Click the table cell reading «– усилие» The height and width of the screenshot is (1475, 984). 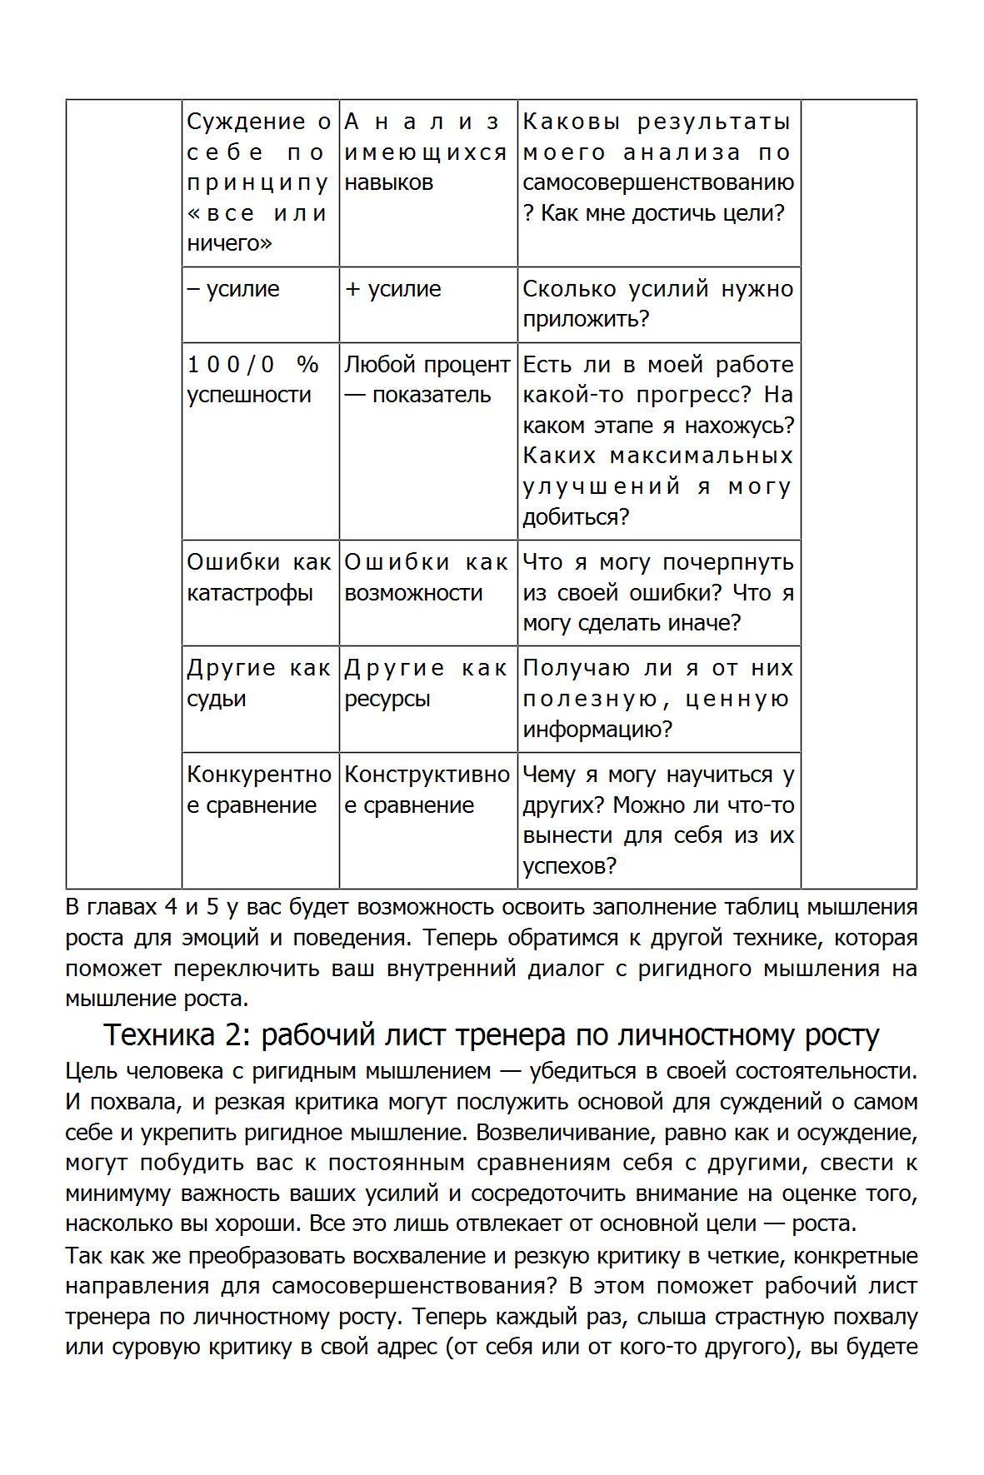click(x=260, y=304)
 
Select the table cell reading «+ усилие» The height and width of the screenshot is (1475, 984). click(x=428, y=304)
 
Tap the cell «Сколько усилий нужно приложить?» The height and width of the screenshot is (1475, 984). click(x=658, y=304)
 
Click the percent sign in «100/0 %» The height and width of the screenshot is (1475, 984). click(x=307, y=365)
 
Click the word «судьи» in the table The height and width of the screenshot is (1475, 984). click(x=217, y=699)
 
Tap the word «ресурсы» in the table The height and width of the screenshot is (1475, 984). click(x=387, y=699)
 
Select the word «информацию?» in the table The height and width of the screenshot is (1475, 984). click(x=597, y=730)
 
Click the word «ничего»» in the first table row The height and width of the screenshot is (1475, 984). click(x=230, y=243)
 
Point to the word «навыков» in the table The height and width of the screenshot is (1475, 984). click(x=389, y=182)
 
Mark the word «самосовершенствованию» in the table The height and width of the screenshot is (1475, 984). click(x=658, y=182)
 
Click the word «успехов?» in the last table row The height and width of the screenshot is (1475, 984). click(x=570, y=866)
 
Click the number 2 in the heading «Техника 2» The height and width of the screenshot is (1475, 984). click(x=232, y=1035)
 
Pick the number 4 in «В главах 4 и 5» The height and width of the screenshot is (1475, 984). click(x=171, y=907)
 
